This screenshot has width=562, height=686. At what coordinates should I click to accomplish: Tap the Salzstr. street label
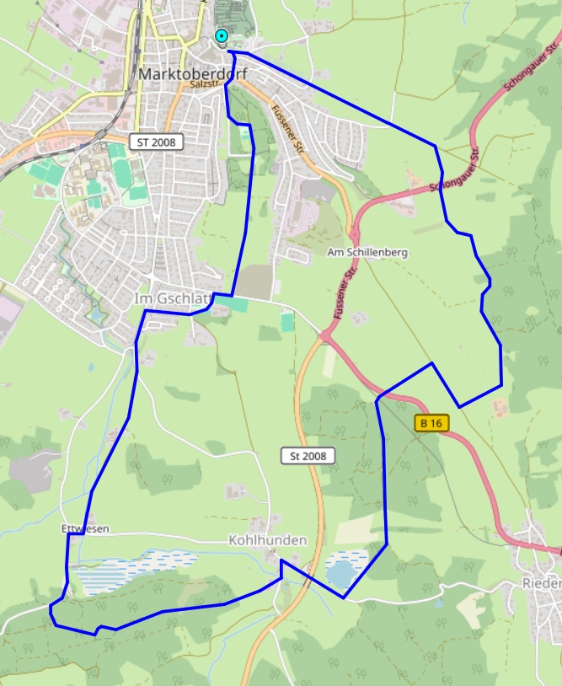205,84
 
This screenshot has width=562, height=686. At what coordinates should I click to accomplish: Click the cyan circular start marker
221,35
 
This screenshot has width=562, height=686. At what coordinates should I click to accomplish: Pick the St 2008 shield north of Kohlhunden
308,456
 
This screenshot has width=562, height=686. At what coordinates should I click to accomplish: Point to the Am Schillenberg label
367,252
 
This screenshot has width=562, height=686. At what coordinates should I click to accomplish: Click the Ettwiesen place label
85,528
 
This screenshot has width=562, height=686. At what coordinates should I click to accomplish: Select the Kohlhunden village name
267,539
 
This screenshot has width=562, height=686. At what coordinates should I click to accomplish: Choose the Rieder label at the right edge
541,584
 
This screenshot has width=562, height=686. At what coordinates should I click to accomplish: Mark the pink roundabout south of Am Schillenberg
324,336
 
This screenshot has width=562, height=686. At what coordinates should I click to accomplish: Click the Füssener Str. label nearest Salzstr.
286,126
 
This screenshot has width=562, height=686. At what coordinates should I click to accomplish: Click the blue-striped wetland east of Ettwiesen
135,569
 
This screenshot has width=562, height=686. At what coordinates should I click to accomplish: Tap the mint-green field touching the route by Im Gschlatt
238,304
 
